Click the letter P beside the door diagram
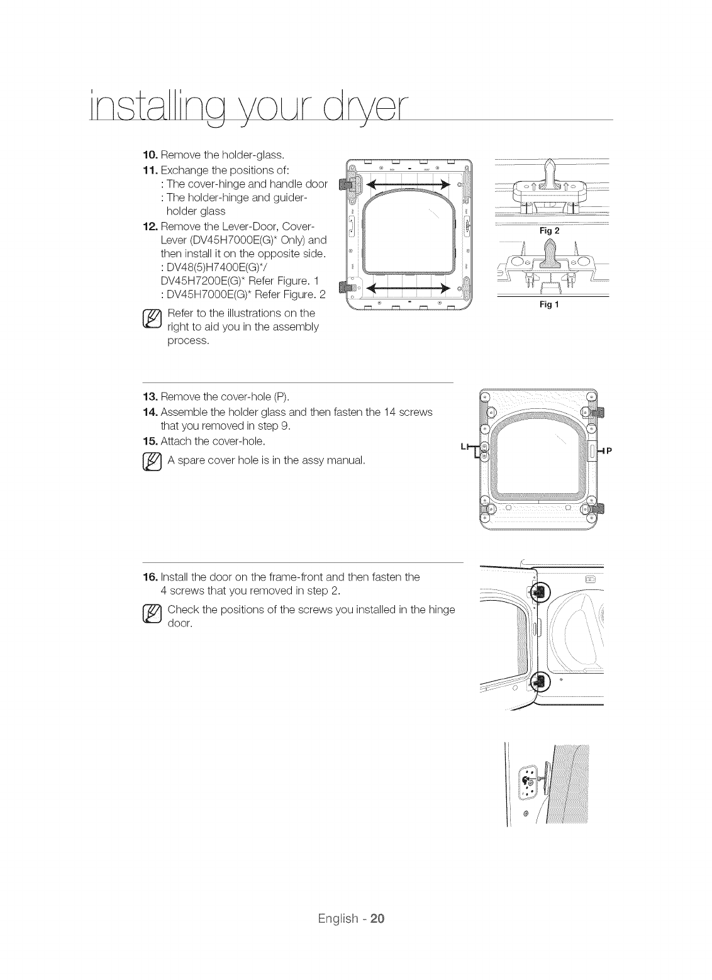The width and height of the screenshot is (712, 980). (609, 450)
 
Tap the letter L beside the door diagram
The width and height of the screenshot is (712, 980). (464, 446)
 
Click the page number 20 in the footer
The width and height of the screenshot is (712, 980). (377, 918)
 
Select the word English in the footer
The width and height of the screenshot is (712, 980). (338, 918)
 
